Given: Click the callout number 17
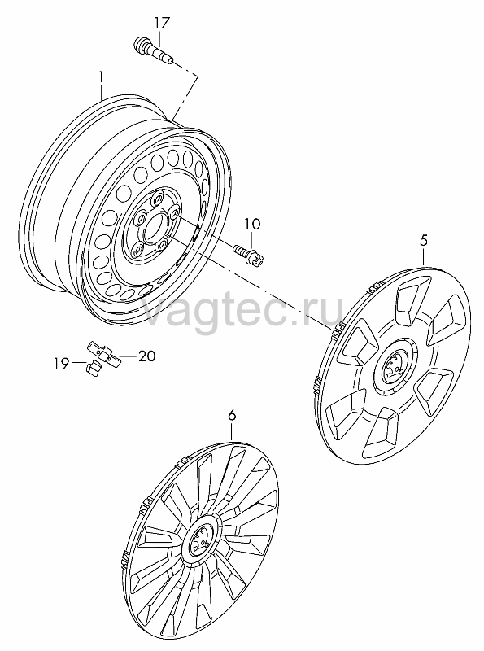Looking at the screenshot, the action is click(162, 23).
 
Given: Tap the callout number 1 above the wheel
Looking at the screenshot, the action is click(101, 76).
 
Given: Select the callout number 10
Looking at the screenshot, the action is click(252, 225).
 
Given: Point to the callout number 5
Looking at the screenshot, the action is click(423, 240).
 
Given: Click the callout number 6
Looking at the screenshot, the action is click(232, 415).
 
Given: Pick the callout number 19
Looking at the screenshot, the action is click(61, 364).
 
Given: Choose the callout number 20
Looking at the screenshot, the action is click(146, 356).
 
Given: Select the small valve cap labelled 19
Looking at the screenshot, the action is click(94, 368).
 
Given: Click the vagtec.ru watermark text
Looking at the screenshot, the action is click(244, 308).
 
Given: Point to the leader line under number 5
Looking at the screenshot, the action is click(423, 256).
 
